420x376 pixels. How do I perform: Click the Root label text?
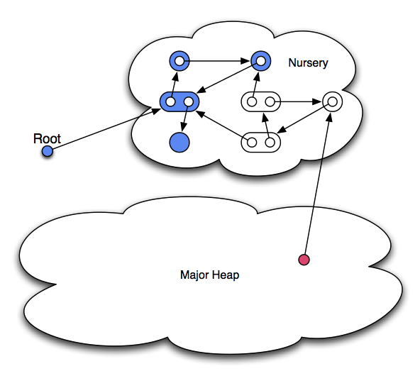click(47, 138)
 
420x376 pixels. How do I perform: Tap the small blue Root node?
click(48, 151)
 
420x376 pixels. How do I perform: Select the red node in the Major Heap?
click(304, 260)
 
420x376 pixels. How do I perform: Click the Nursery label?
click(308, 63)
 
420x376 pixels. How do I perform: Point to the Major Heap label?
click(210, 275)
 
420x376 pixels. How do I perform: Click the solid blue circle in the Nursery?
click(179, 142)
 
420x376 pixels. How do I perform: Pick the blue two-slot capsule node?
click(179, 101)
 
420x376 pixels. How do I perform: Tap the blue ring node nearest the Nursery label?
click(261, 61)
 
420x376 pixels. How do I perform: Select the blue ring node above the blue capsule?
click(179, 61)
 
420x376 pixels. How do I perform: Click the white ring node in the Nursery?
click(333, 101)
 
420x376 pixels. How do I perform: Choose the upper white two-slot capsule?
click(261, 101)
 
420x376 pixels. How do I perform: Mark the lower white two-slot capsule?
click(261, 143)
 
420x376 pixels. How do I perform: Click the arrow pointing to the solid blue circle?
click(185, 117)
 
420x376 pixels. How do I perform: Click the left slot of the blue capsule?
click(170, 101)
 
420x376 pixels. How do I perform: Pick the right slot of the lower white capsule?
click(270, 143)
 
